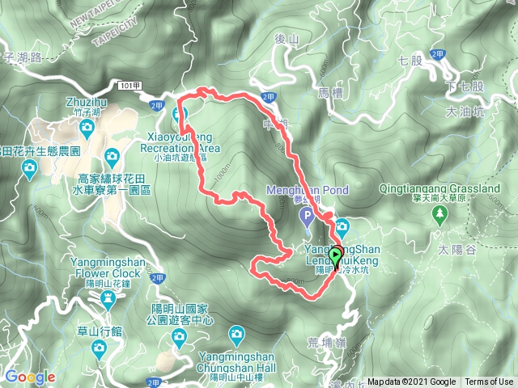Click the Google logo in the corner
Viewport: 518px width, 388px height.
pyautogui.click(x=30, y=377)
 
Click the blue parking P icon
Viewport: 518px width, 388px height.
pyautogui.click(x=306, y=216)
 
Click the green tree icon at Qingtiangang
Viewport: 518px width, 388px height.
pyautogui.click(x=440, y=213)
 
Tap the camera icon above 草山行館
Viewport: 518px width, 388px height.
pyautogui.click(x=98, y=348)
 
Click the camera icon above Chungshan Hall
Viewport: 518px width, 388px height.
pyautogui.click(x=236, y=333)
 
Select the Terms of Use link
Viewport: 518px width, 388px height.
pyautogui.click(x=488, y=382)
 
